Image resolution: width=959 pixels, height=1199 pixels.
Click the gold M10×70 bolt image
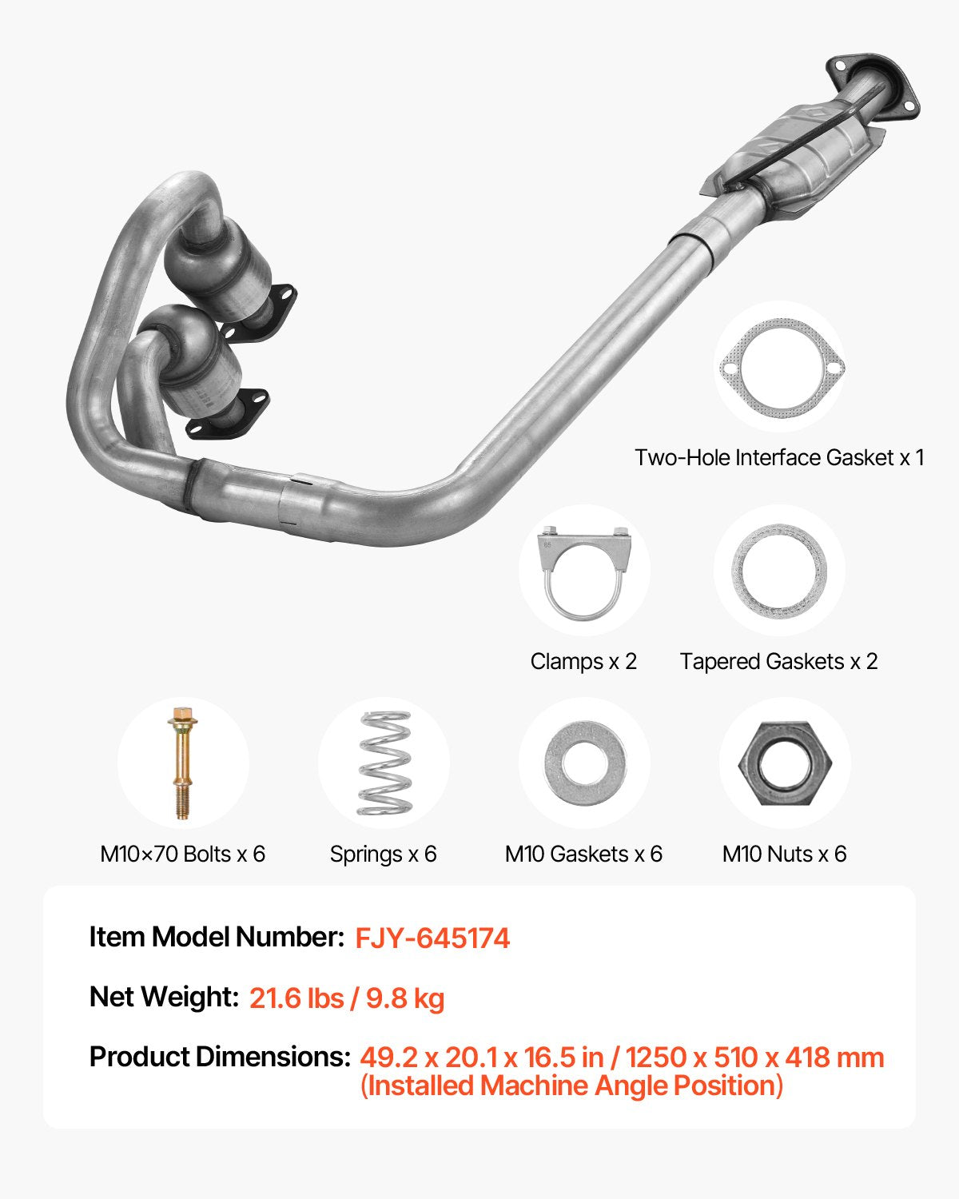tap(182, 763)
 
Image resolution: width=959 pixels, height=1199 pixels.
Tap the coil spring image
tap(384, 763)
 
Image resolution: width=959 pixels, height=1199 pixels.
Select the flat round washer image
tap(584, 763)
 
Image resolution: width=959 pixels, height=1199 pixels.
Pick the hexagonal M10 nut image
tap(784, 763)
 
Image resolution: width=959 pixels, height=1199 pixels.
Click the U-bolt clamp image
tap(583, 572)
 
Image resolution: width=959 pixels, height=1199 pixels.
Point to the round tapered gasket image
tap(778, 571)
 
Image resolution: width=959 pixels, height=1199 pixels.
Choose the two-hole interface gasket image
tap(779, 368)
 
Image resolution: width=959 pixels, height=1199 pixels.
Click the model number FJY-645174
tap(432, 938)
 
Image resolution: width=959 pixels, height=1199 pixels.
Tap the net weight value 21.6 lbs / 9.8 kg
tap(347, 998)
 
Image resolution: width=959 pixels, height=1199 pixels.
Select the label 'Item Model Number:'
tap(217, 937)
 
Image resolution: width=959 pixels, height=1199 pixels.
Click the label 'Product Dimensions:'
tap(220, 1057)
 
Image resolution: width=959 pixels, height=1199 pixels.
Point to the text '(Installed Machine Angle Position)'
tap(571, 1085)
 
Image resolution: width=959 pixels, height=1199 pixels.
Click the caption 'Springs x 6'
tap(384, 854)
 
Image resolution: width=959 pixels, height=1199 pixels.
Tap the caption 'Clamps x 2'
tap(583, 661)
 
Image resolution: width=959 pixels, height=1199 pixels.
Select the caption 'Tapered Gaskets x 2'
tap(778, 661)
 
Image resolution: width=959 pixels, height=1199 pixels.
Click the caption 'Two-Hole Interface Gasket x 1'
tap(779, 457)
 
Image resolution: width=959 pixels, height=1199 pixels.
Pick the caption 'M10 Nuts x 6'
tap(784, 854)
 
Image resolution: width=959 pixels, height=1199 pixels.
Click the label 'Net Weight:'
tap(164, 997)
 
